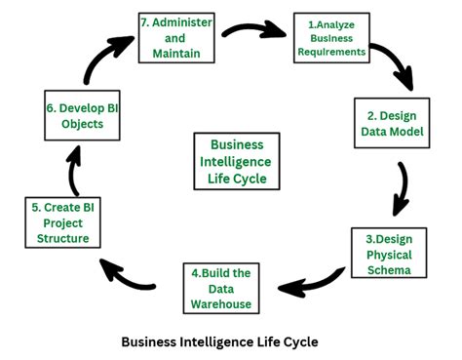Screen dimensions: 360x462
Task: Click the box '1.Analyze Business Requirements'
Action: [x=332, y=37]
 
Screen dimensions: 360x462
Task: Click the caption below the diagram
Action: [x=219, y=342]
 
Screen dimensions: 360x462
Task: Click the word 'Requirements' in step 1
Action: [x=332, y=51]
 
